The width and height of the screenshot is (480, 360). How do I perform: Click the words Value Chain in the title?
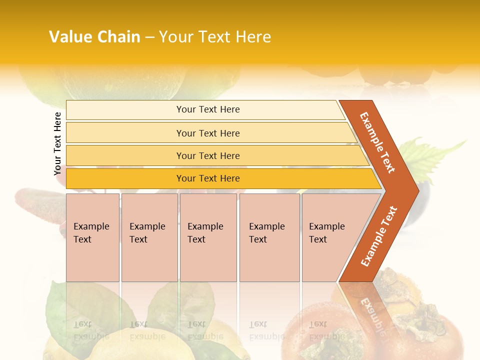click(x=94, y=37)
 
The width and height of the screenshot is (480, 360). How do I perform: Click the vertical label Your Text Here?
click(x=57, y=143)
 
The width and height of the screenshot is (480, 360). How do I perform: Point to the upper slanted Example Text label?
click(x=377, y=142)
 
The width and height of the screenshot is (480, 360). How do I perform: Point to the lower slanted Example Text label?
click(x=379, y=236)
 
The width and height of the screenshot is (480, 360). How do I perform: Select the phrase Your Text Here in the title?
click(x=215, y=37)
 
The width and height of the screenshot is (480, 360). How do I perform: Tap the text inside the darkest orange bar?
click(x=208, y=178)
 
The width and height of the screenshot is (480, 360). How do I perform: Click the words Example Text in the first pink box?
click(x=91, y=233)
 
